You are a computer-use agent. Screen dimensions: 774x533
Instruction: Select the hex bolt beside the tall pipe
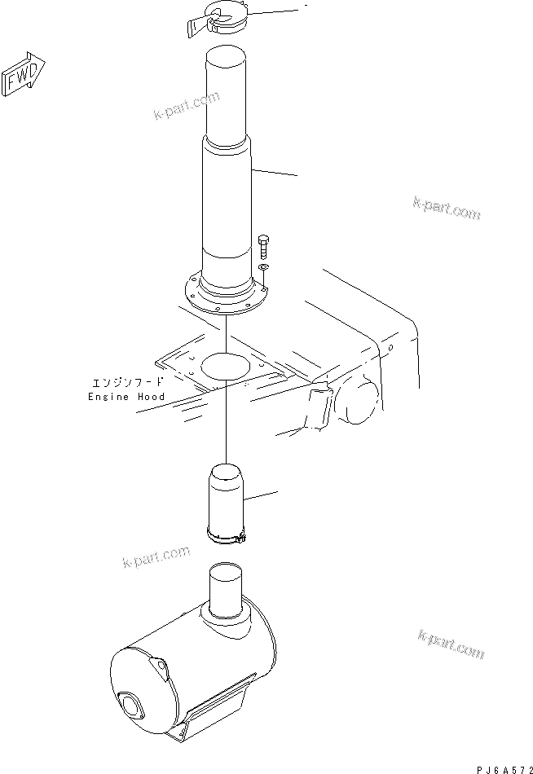pyautogui.click(x=263, y=244)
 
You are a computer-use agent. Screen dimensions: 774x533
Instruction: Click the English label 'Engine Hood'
pyautogui.click(x=126, y=397)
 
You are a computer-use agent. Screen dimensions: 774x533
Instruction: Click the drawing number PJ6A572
pyautogui.click(x=501, y=767)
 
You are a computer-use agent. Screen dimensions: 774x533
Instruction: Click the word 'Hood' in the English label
pyautogui.click(x=151, y=397)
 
